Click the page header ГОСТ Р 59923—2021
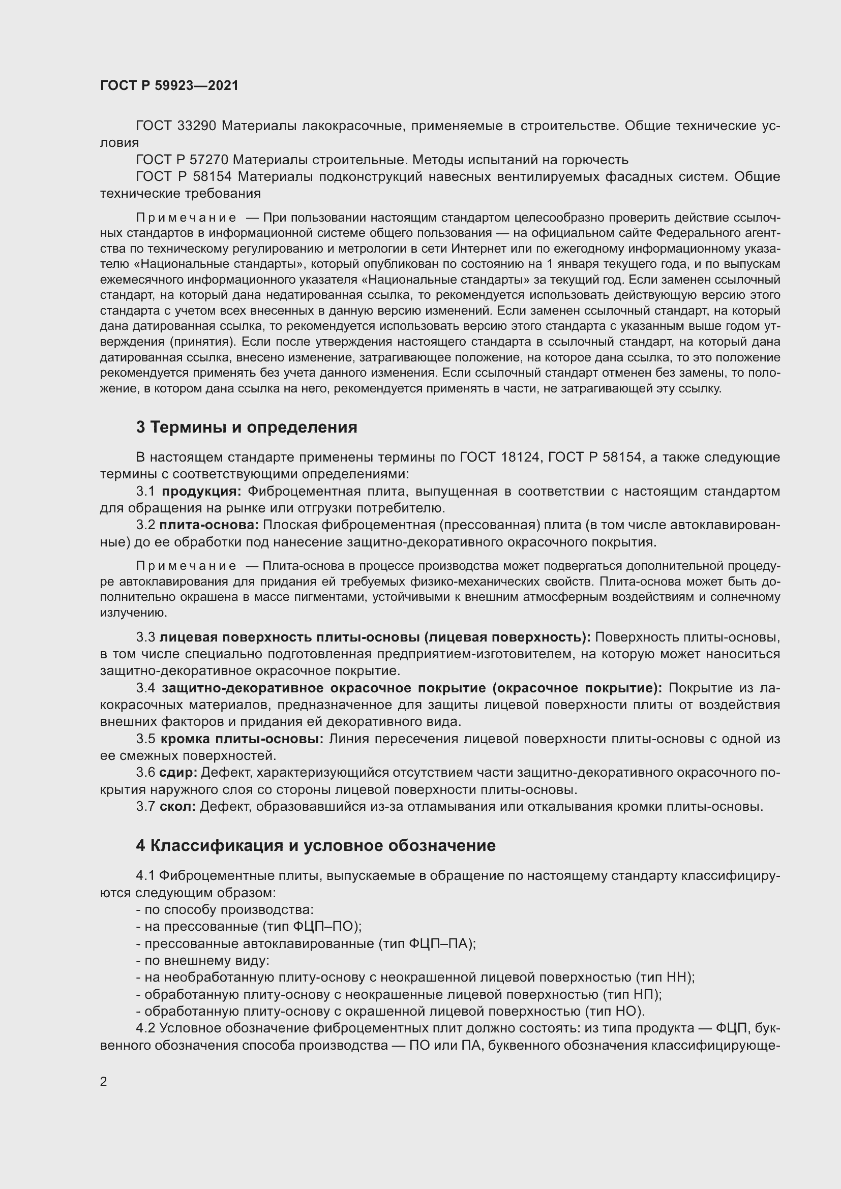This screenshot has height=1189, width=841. coord(169,85)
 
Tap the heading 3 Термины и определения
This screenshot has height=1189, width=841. coord(247,427)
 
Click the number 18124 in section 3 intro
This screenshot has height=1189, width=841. coord(520,458)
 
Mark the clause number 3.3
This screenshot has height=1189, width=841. coord(145,637)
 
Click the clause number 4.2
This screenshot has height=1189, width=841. coord(145,1028)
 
